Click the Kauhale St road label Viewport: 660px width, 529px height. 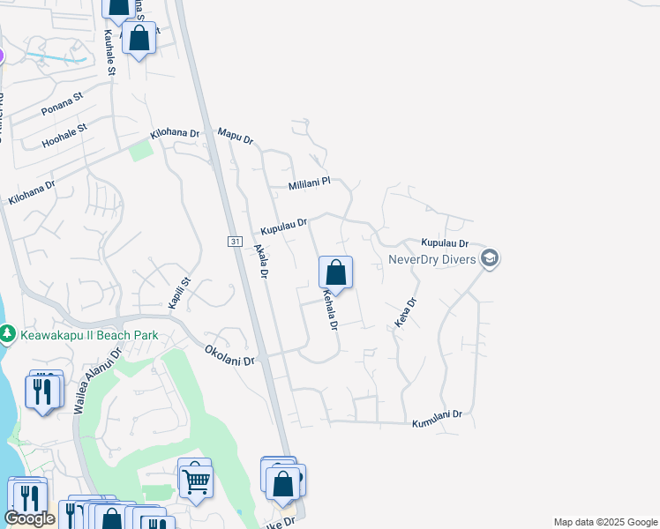tap(110, 54)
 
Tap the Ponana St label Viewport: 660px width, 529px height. tap(62, 103)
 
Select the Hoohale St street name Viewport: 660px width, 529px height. tap(65, 135)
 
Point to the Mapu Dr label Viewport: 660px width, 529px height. tap(236, 135)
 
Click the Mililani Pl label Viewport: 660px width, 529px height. tap(309, 184)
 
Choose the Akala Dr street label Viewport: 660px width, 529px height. tap(260, 262)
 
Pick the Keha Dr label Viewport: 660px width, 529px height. tap(405, 313)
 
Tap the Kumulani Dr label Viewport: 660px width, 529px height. tap(437, 419)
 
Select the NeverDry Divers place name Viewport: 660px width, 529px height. tap(431, 259)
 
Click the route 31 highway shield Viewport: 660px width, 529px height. tap(234, 241)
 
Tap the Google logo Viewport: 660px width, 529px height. tap(29, 518)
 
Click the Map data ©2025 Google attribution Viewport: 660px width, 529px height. tap(604, 522)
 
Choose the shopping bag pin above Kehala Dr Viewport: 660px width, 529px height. tap(335, 272)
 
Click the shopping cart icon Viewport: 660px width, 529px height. tap(195, 481)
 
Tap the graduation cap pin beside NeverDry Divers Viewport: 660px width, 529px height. tap(490, 258)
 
